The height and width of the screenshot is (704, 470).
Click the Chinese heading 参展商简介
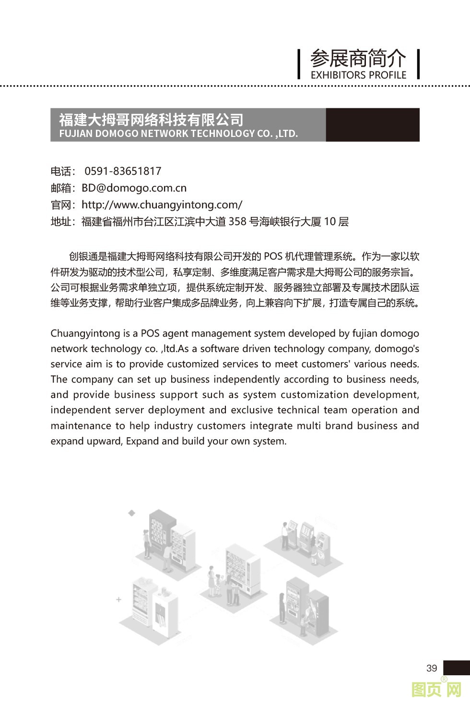pos(358,59)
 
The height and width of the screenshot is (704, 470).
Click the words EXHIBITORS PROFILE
pos(358,75)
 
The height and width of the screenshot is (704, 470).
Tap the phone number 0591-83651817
pos(123,171)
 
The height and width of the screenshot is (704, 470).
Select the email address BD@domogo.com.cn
pos(134,188)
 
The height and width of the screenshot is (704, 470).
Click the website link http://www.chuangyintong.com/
pos(162,205)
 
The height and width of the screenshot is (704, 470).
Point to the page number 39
pos(431,668)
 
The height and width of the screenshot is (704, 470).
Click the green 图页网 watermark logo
pos(436,690)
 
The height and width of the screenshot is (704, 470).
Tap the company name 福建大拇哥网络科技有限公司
pos(151,119)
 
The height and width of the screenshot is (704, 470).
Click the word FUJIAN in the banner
pos(76,134)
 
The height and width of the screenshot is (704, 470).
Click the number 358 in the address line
pos(237,221)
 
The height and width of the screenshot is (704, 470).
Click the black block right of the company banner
pos(372,125)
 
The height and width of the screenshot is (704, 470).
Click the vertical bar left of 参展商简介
pos(299,64)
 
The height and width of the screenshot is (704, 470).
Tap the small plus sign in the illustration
pos(118,599)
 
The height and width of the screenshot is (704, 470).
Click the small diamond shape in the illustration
pos(131,513)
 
